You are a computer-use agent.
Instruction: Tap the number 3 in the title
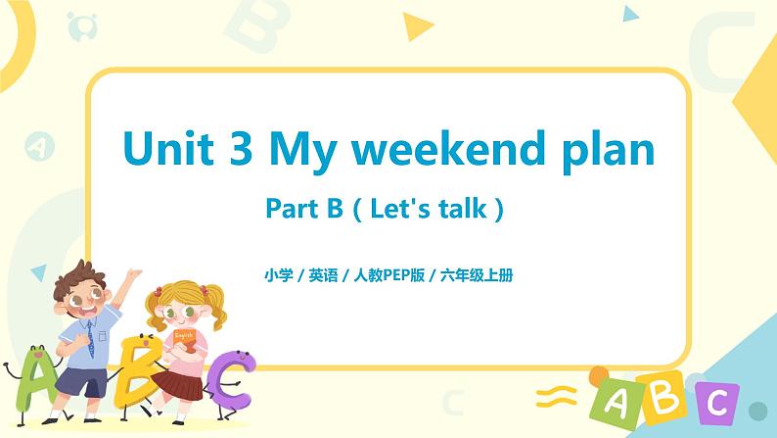pyautogui.click(x=249, y=150)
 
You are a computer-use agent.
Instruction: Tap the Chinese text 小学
pyautogui.click(x=278, y=275)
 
